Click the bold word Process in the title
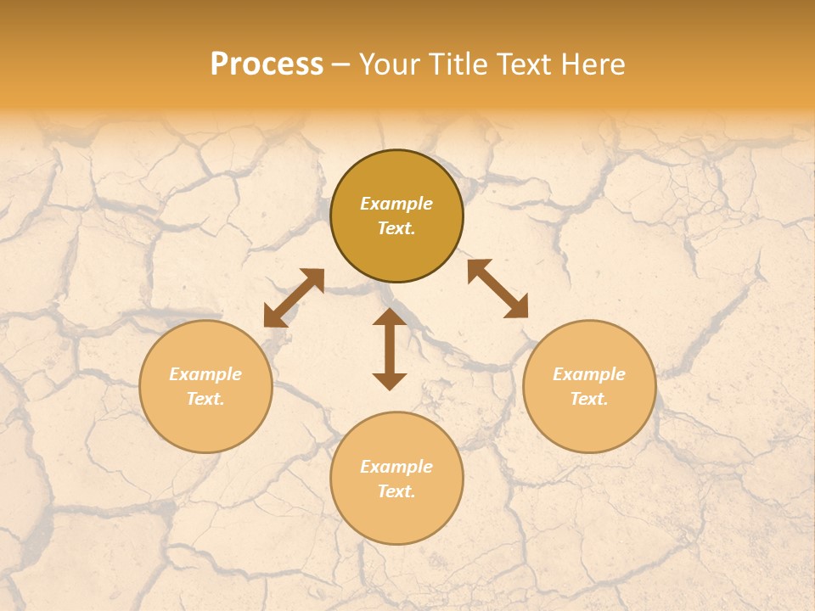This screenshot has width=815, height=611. click(267, 64)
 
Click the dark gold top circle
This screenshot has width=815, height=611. click(396, 255)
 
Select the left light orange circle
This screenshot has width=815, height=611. click(205, 424)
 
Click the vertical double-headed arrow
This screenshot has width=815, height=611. click(390, 350)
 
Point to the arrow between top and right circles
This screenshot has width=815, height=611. click(498, 289)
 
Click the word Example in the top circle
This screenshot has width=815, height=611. click(396, 204)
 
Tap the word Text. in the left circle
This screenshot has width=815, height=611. click(205, 399)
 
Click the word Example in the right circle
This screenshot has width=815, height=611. click(589, 374)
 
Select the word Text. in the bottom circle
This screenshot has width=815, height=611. click(396, 491)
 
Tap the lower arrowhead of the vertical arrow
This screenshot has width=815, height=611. click(390, 381)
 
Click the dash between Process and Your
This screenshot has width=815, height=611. click(341, 64)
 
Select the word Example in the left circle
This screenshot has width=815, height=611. click(205, 374)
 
